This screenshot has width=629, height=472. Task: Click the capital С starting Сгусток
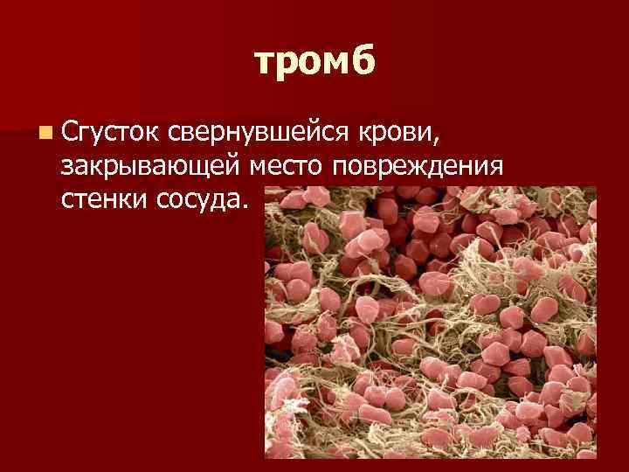[71, 133]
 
